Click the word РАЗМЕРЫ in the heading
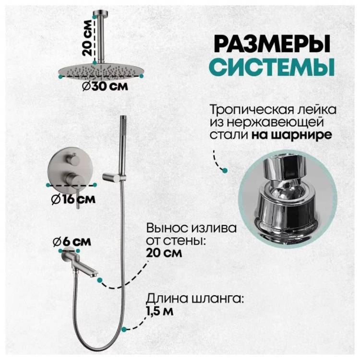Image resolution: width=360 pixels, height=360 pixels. pos(272,44)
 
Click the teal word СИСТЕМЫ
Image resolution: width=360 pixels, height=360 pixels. pos(272,66)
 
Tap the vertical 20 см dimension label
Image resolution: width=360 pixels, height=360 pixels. pos(87,38)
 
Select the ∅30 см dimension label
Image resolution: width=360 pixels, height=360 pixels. pos(105,86)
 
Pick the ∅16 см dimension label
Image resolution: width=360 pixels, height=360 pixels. pos(73,199)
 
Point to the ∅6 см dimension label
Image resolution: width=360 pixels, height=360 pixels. pos(72,242)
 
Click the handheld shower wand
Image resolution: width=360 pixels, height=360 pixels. pos(123,147)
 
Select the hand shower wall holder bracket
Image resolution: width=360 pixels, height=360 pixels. pos(114,177)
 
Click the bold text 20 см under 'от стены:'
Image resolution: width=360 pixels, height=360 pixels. pos(164,253)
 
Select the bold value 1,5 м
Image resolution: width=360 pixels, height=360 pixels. pos(160,312)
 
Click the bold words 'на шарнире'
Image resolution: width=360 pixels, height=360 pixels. pos(292,135)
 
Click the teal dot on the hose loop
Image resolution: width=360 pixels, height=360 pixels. pos(124,329)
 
